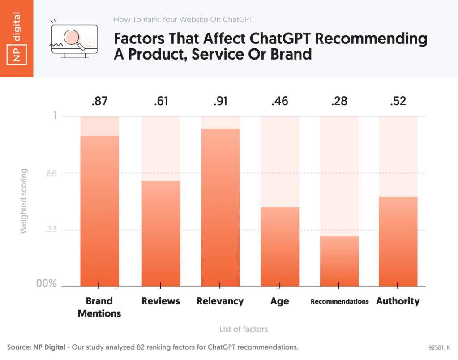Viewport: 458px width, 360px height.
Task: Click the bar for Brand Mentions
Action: (x=99, y=211)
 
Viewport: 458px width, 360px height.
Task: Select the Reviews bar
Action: (x=161, y=233)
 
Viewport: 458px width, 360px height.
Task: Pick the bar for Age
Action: (x=280, y=247)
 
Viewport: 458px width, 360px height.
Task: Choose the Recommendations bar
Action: (x=339, y=261)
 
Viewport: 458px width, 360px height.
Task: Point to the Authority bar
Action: (x=398, y=241)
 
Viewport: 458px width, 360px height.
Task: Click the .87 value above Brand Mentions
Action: (x=99, y=101)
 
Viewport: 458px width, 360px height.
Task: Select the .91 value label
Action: (x=220, y=101)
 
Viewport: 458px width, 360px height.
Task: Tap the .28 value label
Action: (x=339, y=101)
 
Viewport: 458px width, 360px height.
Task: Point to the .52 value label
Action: (x=398, y=101)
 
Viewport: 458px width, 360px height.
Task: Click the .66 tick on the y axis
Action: (x=51, y=173)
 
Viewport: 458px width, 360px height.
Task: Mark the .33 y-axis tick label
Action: (x=51, y=230)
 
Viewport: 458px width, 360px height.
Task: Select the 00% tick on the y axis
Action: (x=46, y=283)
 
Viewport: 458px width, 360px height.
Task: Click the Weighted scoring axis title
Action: (x=24, y=201)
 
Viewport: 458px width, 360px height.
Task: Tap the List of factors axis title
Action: (x=244, y=329)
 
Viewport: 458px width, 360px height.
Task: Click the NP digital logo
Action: (x=17, y=39)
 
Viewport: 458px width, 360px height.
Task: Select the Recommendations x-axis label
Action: (x=339, y=301)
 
